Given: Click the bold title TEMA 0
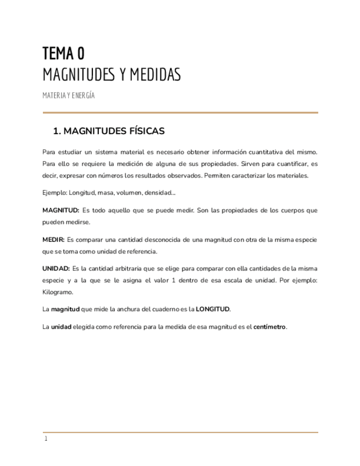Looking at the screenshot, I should (x=64, y=53).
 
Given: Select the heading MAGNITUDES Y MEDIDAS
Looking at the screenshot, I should (x=112, y=74).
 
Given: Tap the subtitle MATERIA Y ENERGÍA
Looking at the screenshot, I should (x=69, y=95).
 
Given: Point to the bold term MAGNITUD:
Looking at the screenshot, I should (x=61, y=210).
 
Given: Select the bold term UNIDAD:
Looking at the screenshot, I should (x=56, y=268).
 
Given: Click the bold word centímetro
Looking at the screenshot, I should (x=269, y=326).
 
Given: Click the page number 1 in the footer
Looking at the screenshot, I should (x=46, y=439).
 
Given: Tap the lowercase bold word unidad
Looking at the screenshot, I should (x=61, y=326).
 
